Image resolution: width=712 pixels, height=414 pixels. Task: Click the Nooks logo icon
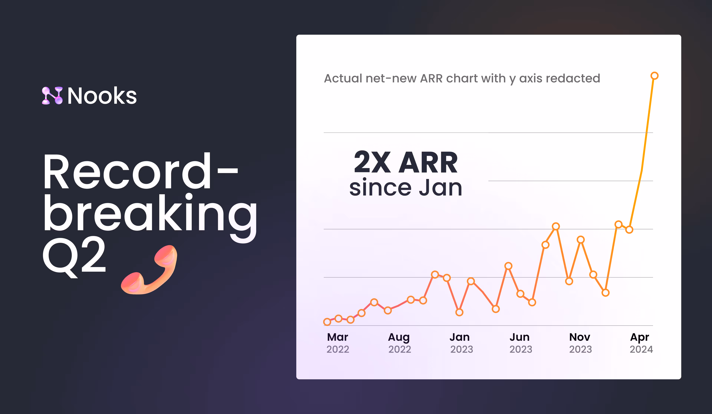[52, 96]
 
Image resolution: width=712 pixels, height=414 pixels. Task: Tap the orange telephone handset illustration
[149, 270]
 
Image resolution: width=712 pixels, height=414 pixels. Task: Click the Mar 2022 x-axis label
[338, 343]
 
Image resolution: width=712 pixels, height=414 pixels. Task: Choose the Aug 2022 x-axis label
[399, 343]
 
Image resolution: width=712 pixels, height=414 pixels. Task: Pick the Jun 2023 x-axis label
[520, 343]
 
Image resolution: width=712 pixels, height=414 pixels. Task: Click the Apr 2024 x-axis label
[641, 343]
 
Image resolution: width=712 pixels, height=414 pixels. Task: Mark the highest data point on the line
[654, 76]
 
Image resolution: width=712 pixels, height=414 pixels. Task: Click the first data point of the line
[327, 322]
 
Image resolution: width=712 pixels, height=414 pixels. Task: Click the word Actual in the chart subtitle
[343, 78]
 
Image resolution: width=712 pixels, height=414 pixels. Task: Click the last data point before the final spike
[629, 229]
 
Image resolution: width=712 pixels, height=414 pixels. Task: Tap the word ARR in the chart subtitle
[431, 78]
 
